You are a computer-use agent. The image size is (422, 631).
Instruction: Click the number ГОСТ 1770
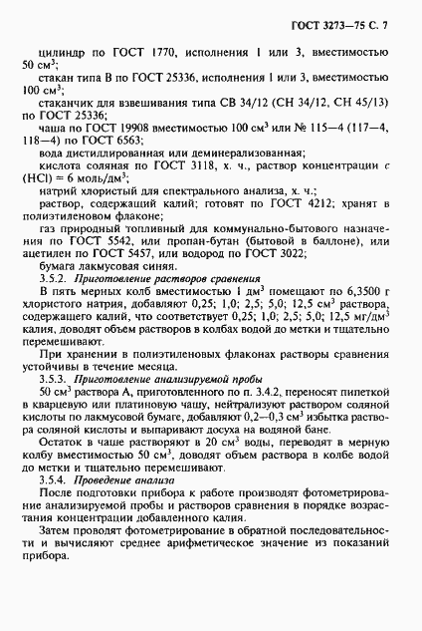(x=160, y=46)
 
